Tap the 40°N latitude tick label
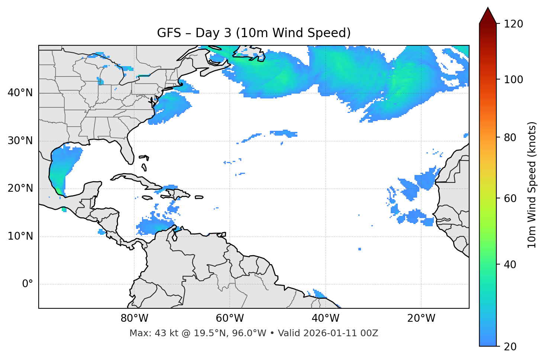(x=20, y=93)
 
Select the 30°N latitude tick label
(x=20, y=141)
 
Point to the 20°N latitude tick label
(x=20, y=188)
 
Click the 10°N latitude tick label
(x=20, y=236)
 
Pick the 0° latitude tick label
(x=28, y=284)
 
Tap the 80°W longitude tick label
(x=134, y=318)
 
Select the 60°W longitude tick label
(x=230, y=318)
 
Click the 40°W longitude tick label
(x=325, y=318)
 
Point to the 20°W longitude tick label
(x=421, y=318)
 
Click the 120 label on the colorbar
(x=513, y=24)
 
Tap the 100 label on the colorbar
(x=513, y=80)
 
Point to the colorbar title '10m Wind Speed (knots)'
(x=532, y=185)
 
